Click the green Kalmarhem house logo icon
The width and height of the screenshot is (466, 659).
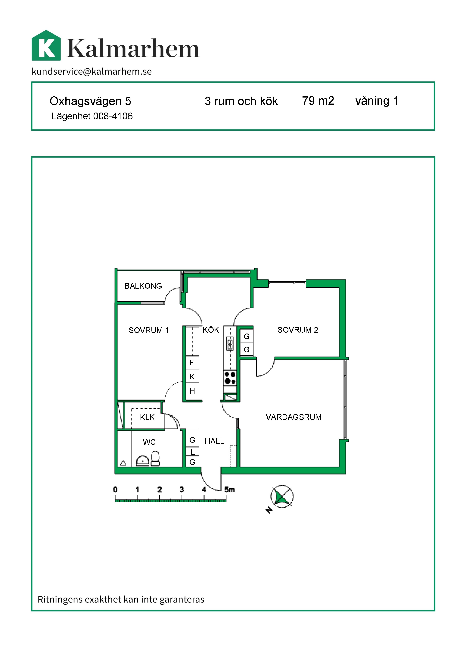point(46,45)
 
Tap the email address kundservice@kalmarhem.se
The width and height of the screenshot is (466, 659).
point(92,71)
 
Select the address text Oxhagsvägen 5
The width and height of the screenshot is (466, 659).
point(90,101)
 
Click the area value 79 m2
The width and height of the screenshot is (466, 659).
point(318,101)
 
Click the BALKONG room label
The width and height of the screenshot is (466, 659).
point(143,286)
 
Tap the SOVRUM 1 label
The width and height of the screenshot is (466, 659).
point(149,330)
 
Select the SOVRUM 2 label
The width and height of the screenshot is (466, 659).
point(298,330)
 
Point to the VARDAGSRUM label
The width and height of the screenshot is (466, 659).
point(294,417)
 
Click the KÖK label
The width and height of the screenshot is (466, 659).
point(211,330)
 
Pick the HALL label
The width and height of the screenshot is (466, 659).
point(214,441)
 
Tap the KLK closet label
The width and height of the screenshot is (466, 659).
point(147,417)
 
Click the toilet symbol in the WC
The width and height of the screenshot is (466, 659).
point(155,458)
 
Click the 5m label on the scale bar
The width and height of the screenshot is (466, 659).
point(230,490)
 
